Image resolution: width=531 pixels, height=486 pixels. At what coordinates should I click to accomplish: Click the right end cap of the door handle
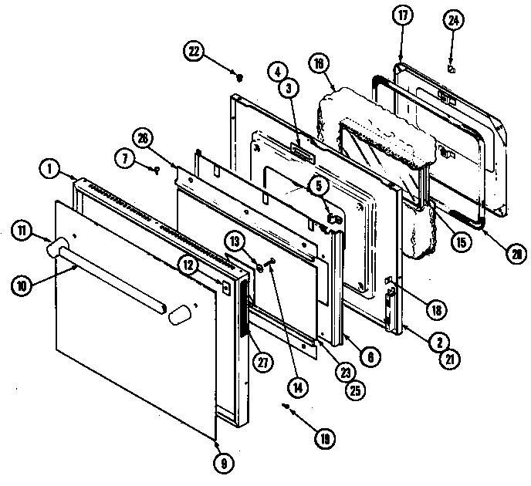180,314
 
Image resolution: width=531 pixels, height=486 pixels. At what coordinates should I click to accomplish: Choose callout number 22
194,52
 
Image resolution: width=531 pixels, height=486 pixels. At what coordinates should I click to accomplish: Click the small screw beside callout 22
241,76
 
